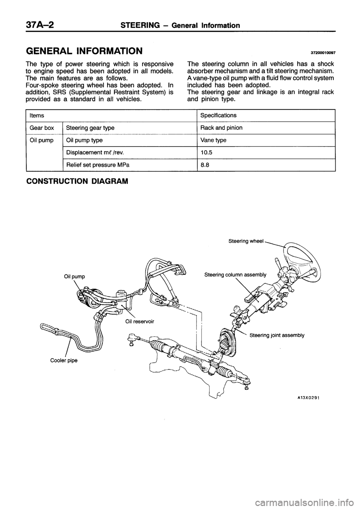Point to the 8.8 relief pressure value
coord(204,165)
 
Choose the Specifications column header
coord(218,115)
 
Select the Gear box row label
coord(42,128)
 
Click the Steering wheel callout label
coord(246,241)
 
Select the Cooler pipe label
coord(64,361)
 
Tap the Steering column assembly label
coord(235,275)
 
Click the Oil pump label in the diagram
coord(75,276)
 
